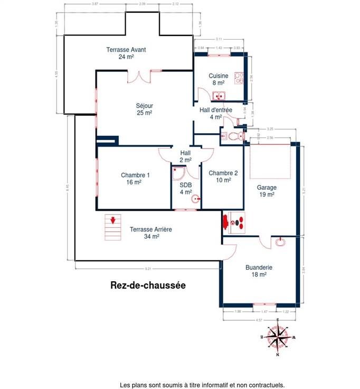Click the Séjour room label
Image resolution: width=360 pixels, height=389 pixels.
(x=144, y=108)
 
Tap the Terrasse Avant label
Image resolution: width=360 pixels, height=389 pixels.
(x=126, y=53)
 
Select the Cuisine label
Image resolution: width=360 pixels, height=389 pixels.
(x=218, y=79)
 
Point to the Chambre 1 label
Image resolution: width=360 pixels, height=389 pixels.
(x=135, y=179)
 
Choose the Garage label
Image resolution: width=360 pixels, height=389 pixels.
(x=267, y=191)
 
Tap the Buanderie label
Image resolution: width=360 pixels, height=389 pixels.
(x=259, y=271)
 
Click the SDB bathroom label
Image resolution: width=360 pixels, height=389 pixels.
(x=185, y=188)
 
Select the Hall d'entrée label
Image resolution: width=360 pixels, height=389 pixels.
(x=215, y=113)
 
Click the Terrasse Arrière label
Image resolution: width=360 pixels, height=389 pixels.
(x=151, y=233)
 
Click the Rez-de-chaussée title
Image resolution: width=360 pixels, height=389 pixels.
(x=148, y=285)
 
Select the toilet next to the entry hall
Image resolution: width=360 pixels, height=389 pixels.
(x=233, y=136)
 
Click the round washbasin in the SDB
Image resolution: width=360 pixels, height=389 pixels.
(x=195, y=200)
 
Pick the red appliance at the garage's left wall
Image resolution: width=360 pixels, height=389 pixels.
(x=235, y=222)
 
